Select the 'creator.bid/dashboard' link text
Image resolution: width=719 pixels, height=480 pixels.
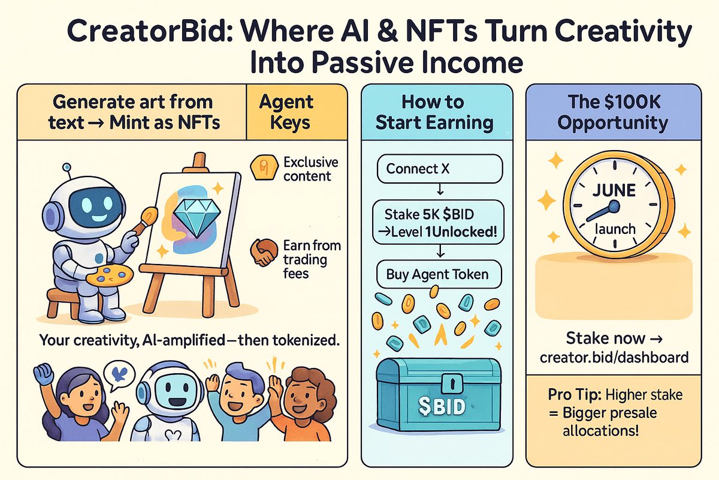click(x=614, y=357)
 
